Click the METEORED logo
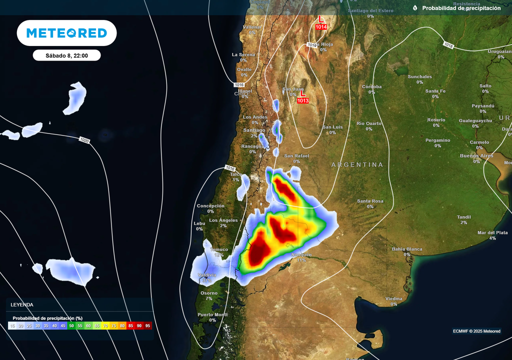[66, 33]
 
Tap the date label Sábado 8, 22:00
[66, 55]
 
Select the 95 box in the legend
[147, 325]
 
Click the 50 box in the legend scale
[71, 325]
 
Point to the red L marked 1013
[302, 93]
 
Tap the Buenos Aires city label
[476, 156]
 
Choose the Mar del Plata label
[492, 232]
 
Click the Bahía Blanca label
[407, 249]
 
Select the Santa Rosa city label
[370, 201]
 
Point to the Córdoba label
[371, 86]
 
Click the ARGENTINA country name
[357, 164]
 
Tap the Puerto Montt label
[212, 314]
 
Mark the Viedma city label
[393, 298]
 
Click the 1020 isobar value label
[84, 140]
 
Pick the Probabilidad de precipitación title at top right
[460, 8]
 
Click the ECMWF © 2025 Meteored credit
[476, 331]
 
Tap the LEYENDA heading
[22, 304]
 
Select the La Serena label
[243, 54]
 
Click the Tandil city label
[463, 217]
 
